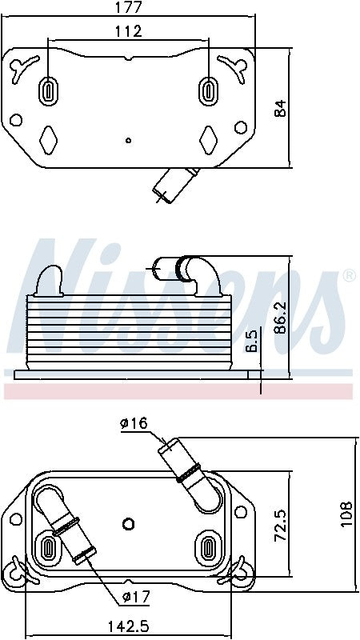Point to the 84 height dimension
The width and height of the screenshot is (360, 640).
pyautogui.click(x=280, y=108)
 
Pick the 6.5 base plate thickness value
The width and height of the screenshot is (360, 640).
pyautogui.click(x=251, y=341)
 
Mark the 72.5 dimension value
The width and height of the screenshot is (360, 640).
pyautogui.click(x=281, y=522)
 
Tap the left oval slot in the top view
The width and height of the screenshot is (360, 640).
pyautogui.click(x=49, y=90)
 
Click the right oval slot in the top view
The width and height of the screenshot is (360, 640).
pyautogui.click(x=209, y=90)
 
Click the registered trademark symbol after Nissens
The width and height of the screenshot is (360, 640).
pyautogui.click(x=349, y=276)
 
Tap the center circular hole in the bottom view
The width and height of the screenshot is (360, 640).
pyautogui.click(x=128, y=524)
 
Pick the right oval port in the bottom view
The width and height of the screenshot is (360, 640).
pyautogui.click(x=207, y=549)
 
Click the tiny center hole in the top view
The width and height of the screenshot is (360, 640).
pyautogui.click(x=128, y=140)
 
